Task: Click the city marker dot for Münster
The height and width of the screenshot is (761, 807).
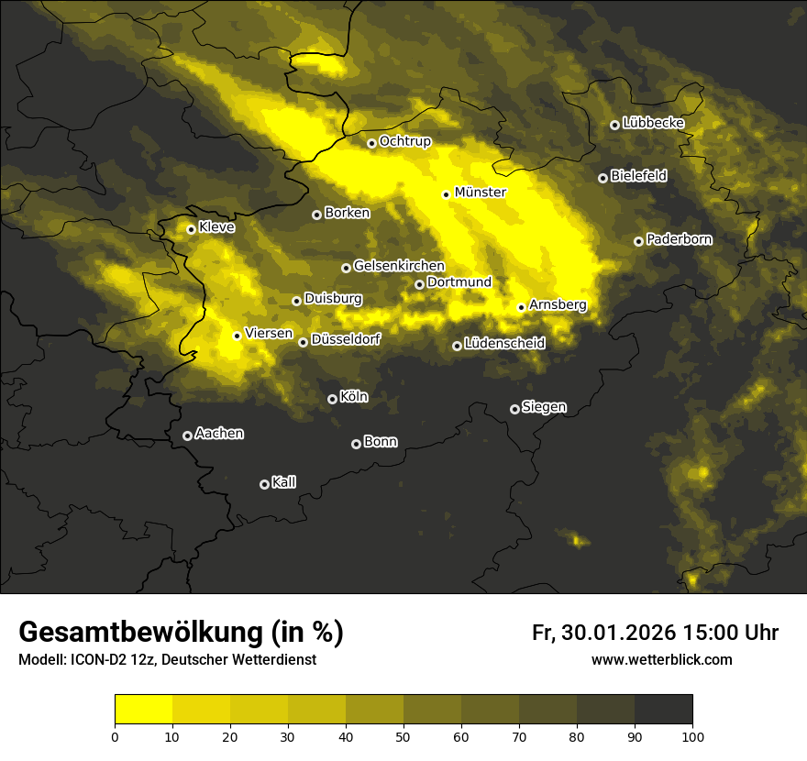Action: tap(446, 194)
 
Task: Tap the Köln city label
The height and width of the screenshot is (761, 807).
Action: tap(354, 397)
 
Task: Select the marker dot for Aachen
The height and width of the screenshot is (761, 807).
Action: tap(187, 436)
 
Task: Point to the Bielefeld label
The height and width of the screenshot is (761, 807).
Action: tap(638, 176)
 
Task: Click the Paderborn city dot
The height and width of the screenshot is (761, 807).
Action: tap(638, 241)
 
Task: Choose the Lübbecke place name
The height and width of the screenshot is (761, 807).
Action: tap(653, 123)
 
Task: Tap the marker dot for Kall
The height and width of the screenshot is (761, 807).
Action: tap(264, 484)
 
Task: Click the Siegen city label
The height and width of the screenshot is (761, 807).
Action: tap(544, 407)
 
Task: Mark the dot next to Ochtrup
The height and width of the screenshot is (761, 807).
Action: tap(371, 143)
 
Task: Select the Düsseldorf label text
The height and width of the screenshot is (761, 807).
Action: tap(346, 339)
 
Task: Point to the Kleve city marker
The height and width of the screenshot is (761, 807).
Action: tap(191, 229)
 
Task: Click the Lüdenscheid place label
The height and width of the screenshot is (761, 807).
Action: tap(504, 344)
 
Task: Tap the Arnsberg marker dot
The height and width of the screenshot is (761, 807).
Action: tap(521, 307)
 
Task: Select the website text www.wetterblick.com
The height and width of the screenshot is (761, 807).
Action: tap(662, 659)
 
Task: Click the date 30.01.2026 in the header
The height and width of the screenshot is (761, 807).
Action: tap(616, 633)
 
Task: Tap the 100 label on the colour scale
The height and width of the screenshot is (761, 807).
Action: tap(692, 735)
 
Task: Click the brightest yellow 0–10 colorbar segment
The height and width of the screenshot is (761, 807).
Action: tap(143, 709)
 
